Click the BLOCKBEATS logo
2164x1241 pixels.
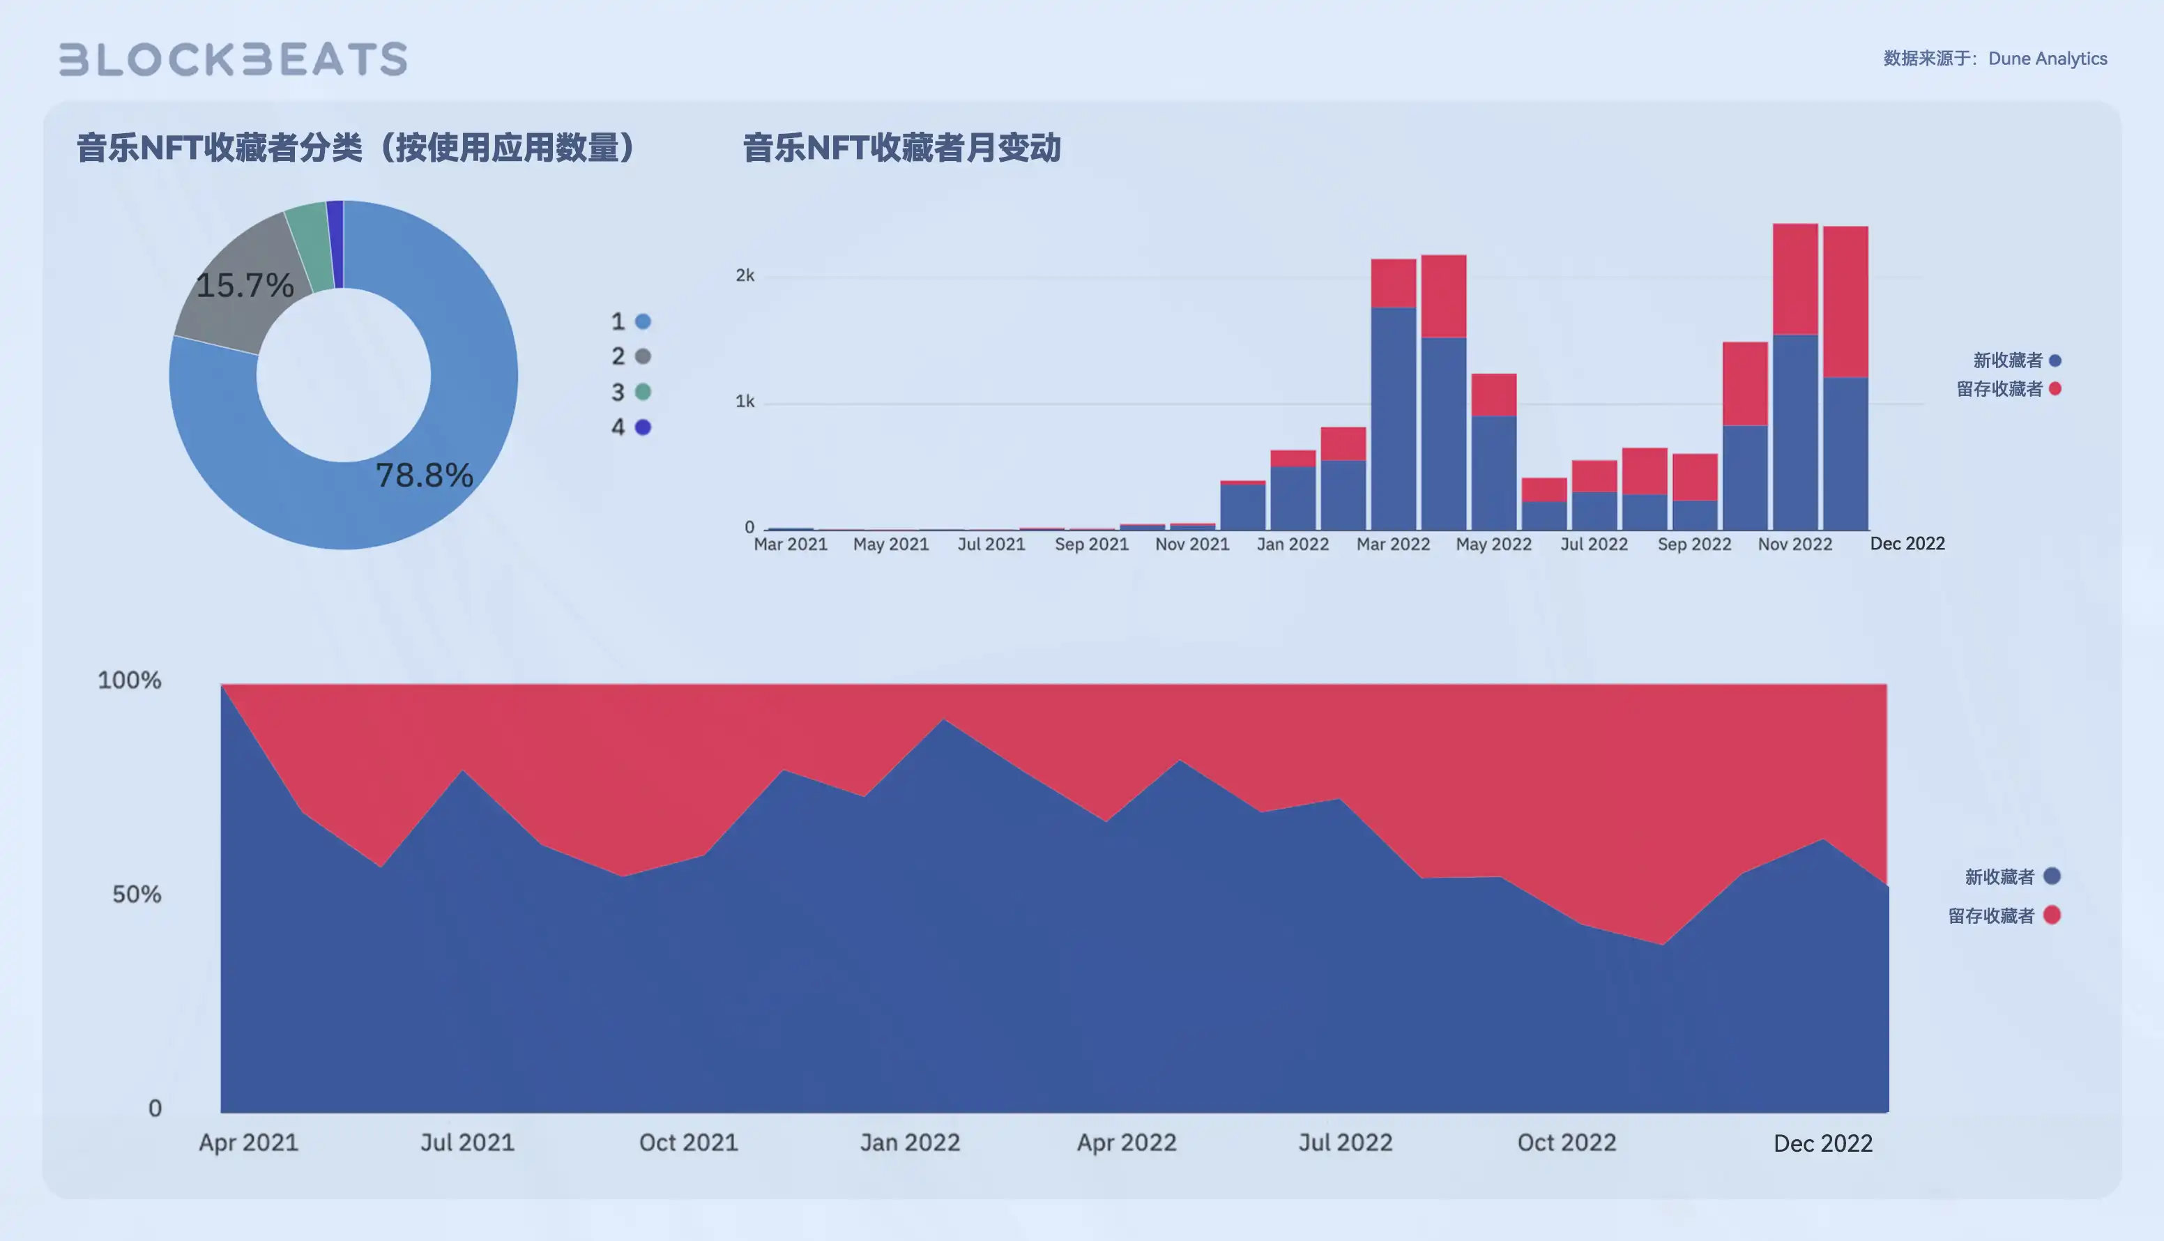click(233, 59)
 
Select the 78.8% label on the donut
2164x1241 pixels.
click(424, 475)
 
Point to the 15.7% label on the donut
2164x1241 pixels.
click(245, 284)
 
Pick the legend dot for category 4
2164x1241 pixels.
click(643, 427)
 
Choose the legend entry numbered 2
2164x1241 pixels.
click(630, 356)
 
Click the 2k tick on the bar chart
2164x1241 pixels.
click(744, 275)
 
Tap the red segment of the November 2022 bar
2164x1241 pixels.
click(1795, 280)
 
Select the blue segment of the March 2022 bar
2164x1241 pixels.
click(1393, 418)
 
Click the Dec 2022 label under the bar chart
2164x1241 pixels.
click(1907, 544)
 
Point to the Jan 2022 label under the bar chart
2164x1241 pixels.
click(1292, 544)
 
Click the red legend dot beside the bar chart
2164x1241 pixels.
click(2055, 388)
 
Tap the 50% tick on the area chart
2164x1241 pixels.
click(137, 894)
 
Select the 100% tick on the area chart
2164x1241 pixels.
click(130, 680)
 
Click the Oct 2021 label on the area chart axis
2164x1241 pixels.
click(688, 1142)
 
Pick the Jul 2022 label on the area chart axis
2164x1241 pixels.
click(1344, 1142)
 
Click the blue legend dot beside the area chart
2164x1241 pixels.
click(2052, 876)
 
